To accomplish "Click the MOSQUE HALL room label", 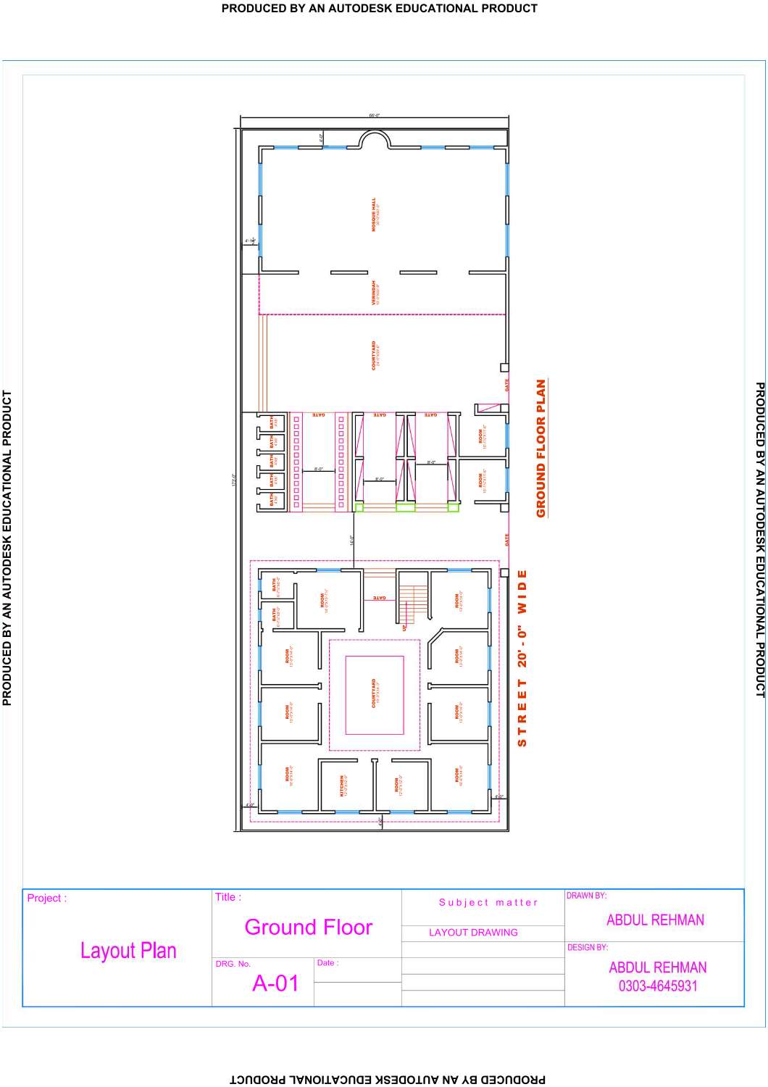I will tap(375, 215).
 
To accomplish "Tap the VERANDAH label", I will tap(375, 293).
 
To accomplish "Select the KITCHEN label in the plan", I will tap(343, 786).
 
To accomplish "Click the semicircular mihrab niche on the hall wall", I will tap(376, 139).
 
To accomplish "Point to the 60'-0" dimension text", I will tap(374, 115).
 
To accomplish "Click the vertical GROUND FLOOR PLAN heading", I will tap(541, 449).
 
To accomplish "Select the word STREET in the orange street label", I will tap(522, 713).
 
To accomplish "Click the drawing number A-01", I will tap(275, 983).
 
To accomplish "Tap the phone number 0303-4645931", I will tap(657, 986).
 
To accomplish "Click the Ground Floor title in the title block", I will tap(308, 927).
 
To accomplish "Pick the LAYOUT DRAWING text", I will tap(473, 933).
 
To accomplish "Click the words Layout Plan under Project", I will tap(128, 951).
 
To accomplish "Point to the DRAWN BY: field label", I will tap(586, 896).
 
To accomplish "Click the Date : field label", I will tap(327, 963).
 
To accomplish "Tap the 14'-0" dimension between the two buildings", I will tap(351, 540).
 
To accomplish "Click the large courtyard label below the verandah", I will tap(374, 356).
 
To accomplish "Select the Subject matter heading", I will tap(488, 902).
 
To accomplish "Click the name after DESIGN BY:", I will tap(657, 967).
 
